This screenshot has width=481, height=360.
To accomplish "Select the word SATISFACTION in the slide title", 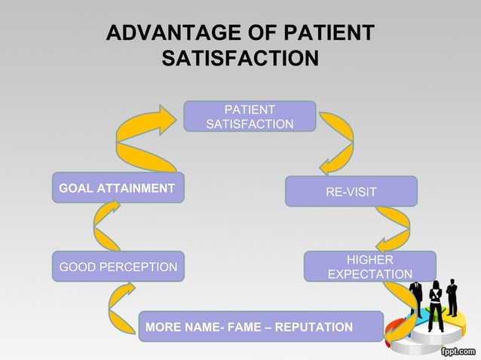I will pos(240,58).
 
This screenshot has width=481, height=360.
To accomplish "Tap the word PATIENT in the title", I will pos(329,33).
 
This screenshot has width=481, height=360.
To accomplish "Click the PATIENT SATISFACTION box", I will pos(250,117).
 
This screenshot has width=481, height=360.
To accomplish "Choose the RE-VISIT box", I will pos(351,191).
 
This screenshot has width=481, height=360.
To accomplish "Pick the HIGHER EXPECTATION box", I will pos(369,267).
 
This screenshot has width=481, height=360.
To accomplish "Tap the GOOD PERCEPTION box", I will pos(118,267).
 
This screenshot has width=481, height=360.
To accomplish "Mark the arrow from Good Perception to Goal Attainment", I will pos(106,226).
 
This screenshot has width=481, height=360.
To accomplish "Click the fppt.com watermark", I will pos(456,350).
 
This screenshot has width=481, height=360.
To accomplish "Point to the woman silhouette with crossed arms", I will pos(435,305).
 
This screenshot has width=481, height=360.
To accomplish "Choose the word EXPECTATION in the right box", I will pos(369,274).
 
